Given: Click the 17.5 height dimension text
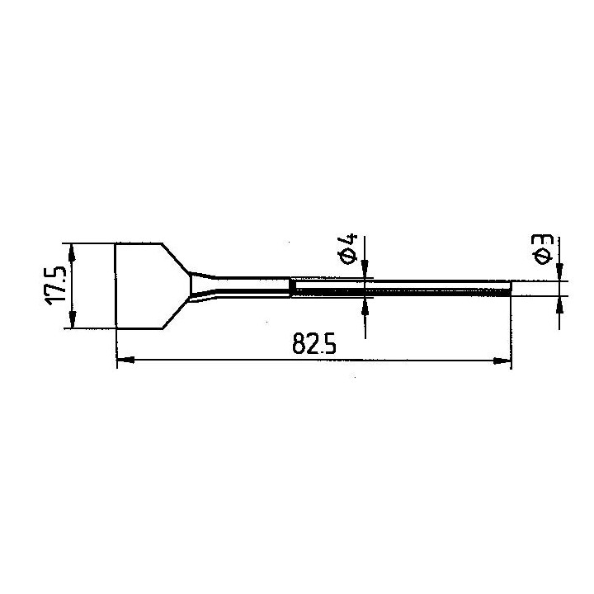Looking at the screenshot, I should click(55, 286).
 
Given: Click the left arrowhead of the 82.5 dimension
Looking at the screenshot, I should click(125, 360).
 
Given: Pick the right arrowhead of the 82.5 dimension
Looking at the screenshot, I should click(502, 360).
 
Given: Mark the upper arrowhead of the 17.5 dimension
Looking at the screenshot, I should click(73, 252).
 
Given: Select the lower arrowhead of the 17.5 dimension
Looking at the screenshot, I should click(73, 322).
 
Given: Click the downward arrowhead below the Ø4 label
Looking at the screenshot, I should click(365, 270).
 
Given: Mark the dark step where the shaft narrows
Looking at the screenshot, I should click(291, 287).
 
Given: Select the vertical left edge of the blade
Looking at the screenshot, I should click(115, 286).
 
